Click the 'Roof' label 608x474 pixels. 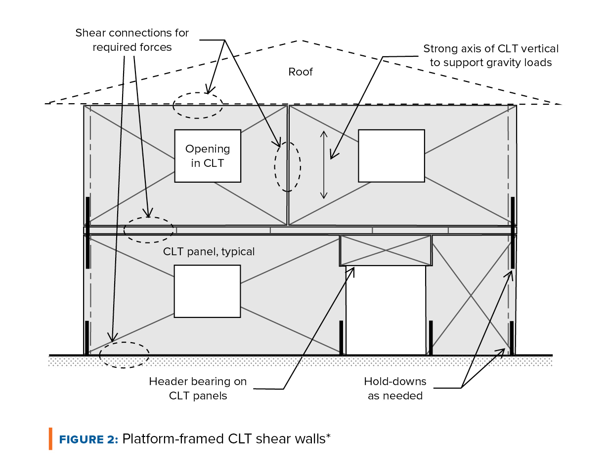pos(301,72)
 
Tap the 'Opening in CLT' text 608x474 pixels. pos(208,156)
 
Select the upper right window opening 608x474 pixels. pos(391,156)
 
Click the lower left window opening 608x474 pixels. pos(207,291)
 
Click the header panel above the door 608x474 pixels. pos(385,250)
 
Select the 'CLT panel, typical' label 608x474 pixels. pos(209,252)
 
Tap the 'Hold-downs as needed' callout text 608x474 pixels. pos(395,389)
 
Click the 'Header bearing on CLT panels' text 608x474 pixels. pos(198,389)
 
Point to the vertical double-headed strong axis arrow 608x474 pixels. pos(324,164)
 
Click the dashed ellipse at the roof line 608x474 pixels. pos(198,105)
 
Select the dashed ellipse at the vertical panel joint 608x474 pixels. pos(288,166)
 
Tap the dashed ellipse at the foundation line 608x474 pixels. pos(124,355)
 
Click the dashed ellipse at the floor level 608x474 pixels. pos(148,230)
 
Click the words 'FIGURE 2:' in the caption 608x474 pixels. pos(88,439)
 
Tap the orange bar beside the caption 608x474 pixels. pos(50,439)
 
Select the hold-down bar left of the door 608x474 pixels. pos(341,338)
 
